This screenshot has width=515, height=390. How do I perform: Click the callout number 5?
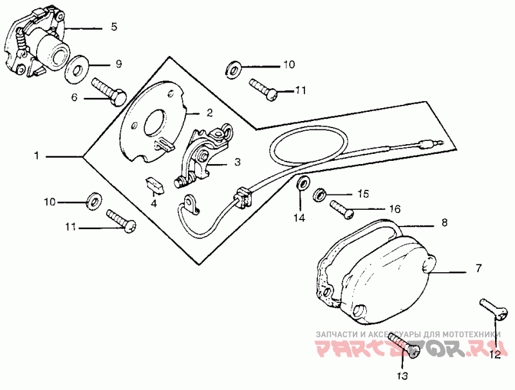(114, 27)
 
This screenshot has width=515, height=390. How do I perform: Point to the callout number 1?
(37, 156)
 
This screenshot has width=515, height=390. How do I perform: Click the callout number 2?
(209, 112)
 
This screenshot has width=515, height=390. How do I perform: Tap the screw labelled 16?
(342, 208)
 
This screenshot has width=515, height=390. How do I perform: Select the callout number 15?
(364, 193)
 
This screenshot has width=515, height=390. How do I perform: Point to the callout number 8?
(444, 223)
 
